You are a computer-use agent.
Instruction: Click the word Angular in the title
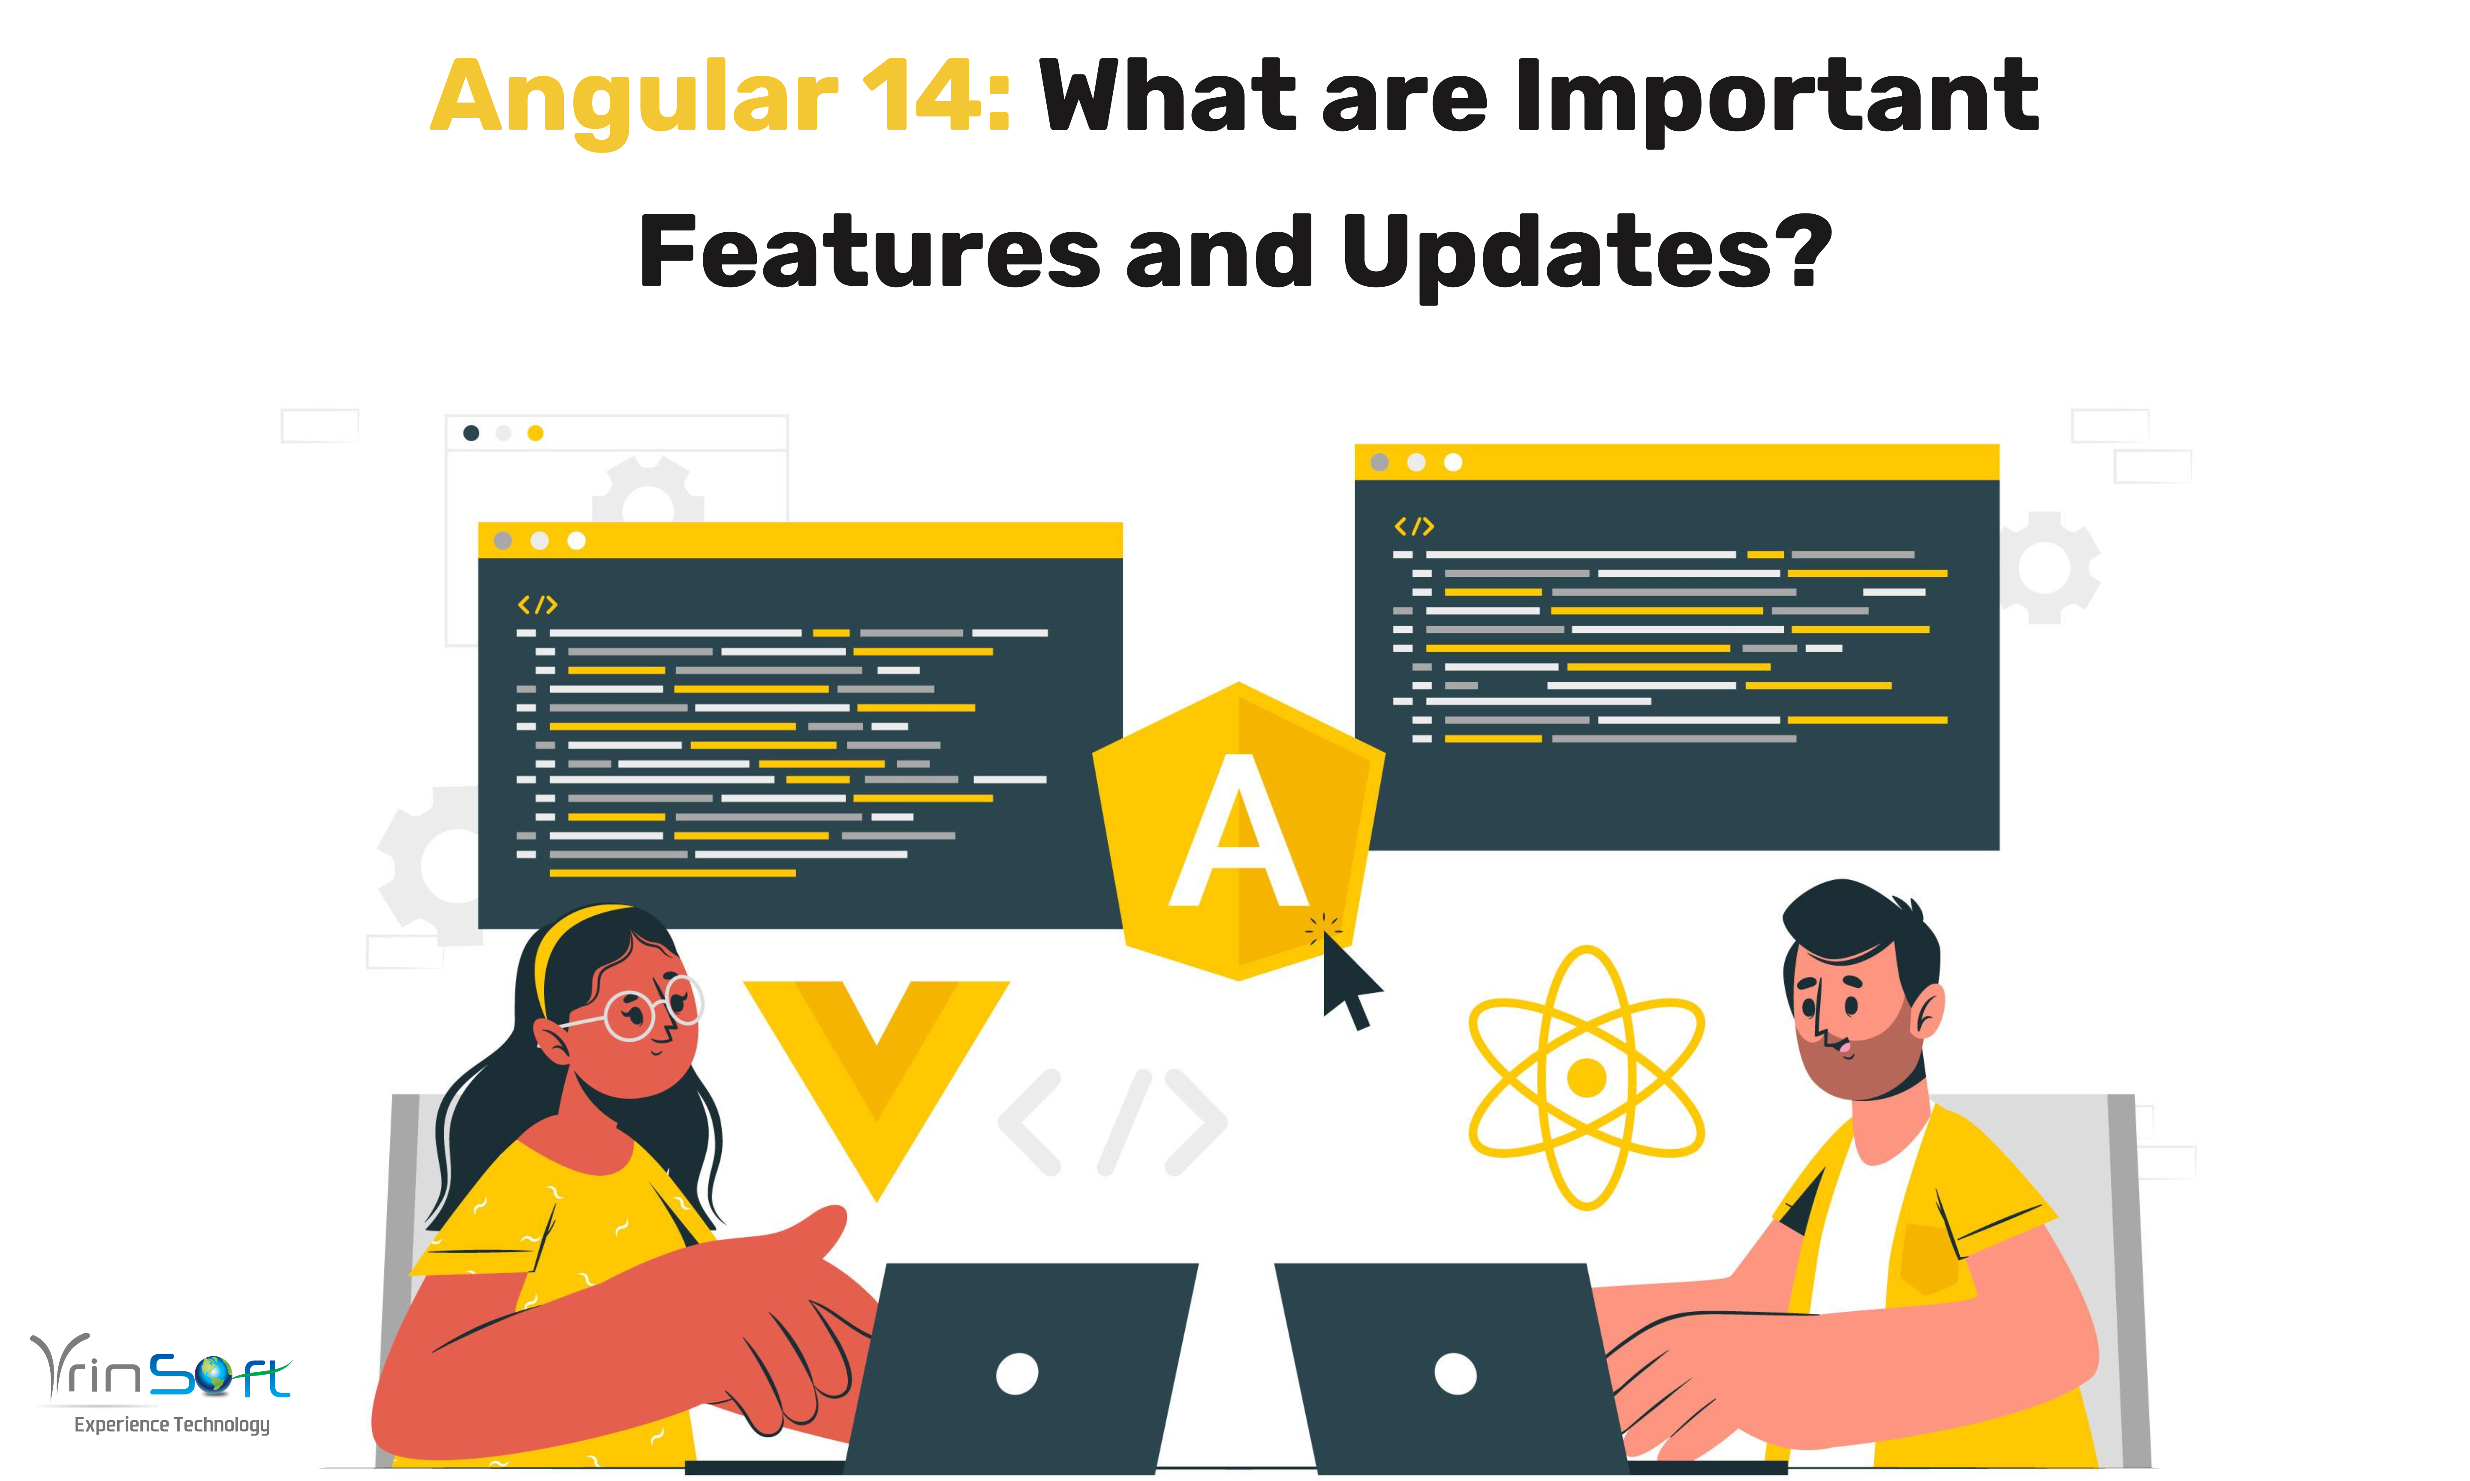pyautogui.click(x=634, y=98)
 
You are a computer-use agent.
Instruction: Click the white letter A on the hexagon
pyautogui.click(x=1238, y=833)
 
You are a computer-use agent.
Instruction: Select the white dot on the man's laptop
pyautogui.click(x=1455, y=1374)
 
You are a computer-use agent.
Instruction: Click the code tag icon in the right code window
pyautogui.click(x=1414, y=526)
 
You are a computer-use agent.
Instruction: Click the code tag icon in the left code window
pyautogui.click(x=537, y=605)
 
